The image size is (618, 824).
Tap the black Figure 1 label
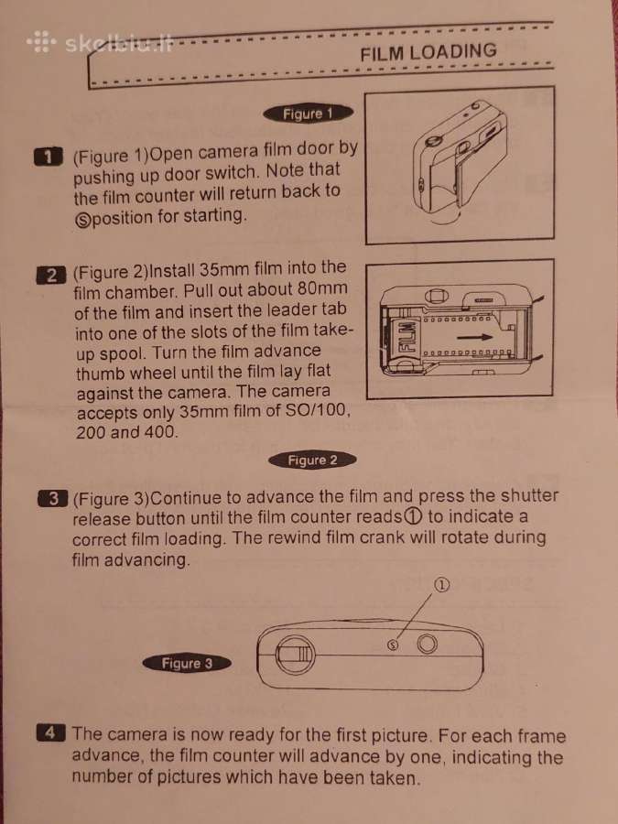coord(308,114)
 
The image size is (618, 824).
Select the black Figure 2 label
coord(312,461)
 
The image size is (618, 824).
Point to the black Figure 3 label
coord(187,663)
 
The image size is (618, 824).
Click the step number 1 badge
coord(48,157)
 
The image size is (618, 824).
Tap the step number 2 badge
coord(51,276)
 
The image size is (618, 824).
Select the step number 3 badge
coord(52,499)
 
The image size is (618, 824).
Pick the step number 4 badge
coord(51,732)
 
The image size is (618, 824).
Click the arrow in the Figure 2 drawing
coord(474,337)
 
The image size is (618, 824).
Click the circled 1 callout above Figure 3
coord(443,584)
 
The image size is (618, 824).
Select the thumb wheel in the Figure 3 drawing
coord(295,655)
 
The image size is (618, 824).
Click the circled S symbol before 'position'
coord(82,219)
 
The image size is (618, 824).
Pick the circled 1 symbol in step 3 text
coord(414,517)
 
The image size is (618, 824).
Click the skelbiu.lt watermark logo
coord(100,43)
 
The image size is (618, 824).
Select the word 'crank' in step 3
coord(393,537)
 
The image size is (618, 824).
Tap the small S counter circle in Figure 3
coord(392,645)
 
